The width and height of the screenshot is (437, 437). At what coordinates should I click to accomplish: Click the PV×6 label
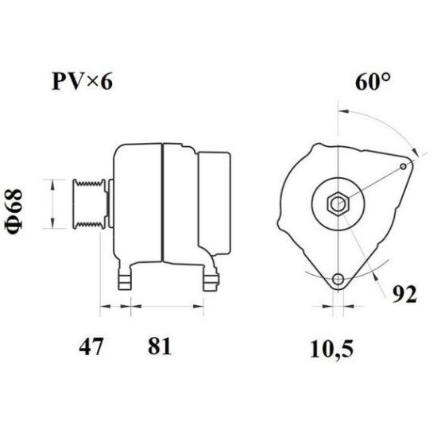[83, 81]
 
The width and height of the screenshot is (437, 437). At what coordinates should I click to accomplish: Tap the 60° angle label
[373, 81]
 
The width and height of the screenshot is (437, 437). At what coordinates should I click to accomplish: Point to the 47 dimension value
[91, 346]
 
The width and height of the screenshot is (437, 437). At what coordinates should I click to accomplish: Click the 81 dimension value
[159, 346]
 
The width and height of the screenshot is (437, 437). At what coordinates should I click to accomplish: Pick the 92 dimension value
[404, 294]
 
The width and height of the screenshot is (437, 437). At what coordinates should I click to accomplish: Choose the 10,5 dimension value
[331, 349]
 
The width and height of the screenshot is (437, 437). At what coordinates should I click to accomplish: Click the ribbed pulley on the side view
[89, 204]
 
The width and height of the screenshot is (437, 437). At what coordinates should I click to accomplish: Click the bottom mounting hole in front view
[338, 279]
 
